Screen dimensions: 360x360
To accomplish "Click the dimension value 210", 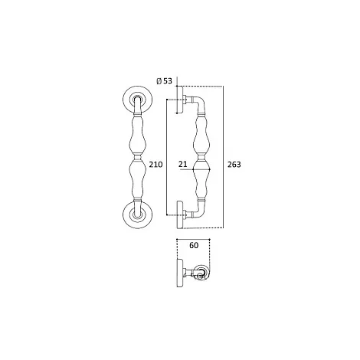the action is pyautogui.click(x=155, y=165).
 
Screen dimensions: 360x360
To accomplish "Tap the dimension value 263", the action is pyautogui.click(x=234, y=165).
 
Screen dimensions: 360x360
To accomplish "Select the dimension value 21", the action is pyautogui.click(x=183, y=164).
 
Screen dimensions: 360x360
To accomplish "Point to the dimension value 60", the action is pyautogui.click(x=194, y=245).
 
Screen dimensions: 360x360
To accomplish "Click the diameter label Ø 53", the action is pyautogui.click(x=165, y=81).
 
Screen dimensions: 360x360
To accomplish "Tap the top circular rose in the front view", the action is pyautogui.click(x=138, y=100).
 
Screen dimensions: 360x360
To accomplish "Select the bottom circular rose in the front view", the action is pyautogui.click(x=138, y=214).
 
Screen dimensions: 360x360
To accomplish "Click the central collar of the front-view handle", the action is pyautogui.click(x=138, y=157).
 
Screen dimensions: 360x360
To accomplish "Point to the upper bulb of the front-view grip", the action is pyautogui.click(x=138, y=135).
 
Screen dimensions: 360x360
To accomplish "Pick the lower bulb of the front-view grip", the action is pyautogui.click(x=138, y=178).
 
